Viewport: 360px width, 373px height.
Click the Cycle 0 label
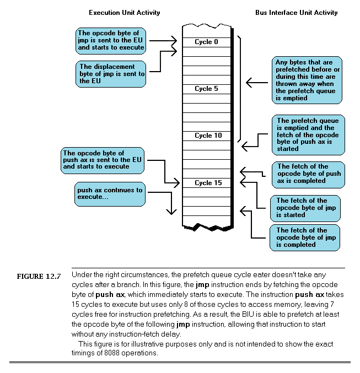click(207, 42)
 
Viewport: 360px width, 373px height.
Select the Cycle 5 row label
click(207, 89)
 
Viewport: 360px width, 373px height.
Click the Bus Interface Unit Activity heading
click(297, 13)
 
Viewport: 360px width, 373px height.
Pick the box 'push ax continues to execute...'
click(110, 194)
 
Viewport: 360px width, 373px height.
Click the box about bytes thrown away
click(307, 80)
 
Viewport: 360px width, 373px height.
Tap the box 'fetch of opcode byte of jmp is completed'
click(304, 237)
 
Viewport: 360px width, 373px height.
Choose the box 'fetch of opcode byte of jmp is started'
click(305, 208)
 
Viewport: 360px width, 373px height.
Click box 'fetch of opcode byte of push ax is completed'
click(309, 174)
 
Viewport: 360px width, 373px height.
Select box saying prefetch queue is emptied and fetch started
click(308, 135)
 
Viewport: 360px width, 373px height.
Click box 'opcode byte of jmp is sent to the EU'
click(111, 40)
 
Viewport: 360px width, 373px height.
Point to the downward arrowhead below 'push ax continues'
click(173, 212)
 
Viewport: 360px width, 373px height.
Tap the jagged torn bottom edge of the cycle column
click(207, 227)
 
